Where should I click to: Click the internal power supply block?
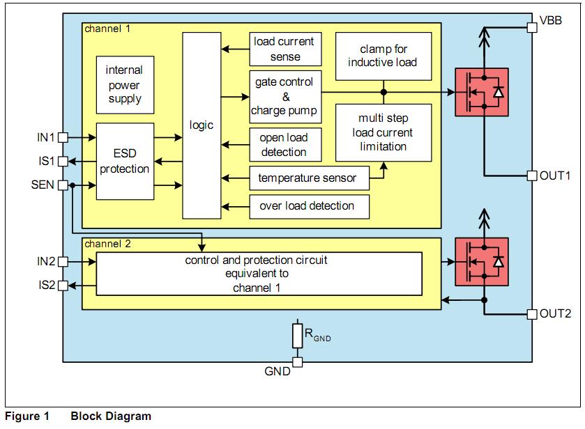(x=124, y=84)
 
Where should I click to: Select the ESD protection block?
(x=124, y=161)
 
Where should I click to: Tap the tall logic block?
(x=202, y=125)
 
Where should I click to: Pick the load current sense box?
(x=285, y=49)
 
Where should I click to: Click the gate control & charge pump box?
(x=285, y=95)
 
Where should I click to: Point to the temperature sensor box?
(x=307, y=178)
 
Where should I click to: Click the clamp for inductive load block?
(x=383, y=56)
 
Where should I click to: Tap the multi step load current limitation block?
(x=383, y=132)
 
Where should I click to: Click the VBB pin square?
(x=531, y=26)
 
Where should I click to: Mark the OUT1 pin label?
(x=556, y=175)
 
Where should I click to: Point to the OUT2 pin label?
(x=556, y=313)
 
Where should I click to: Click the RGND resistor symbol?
(x=297, y=336)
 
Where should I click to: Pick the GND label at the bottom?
(x=278, y=372)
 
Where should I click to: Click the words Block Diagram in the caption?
(x=111, y=416)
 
